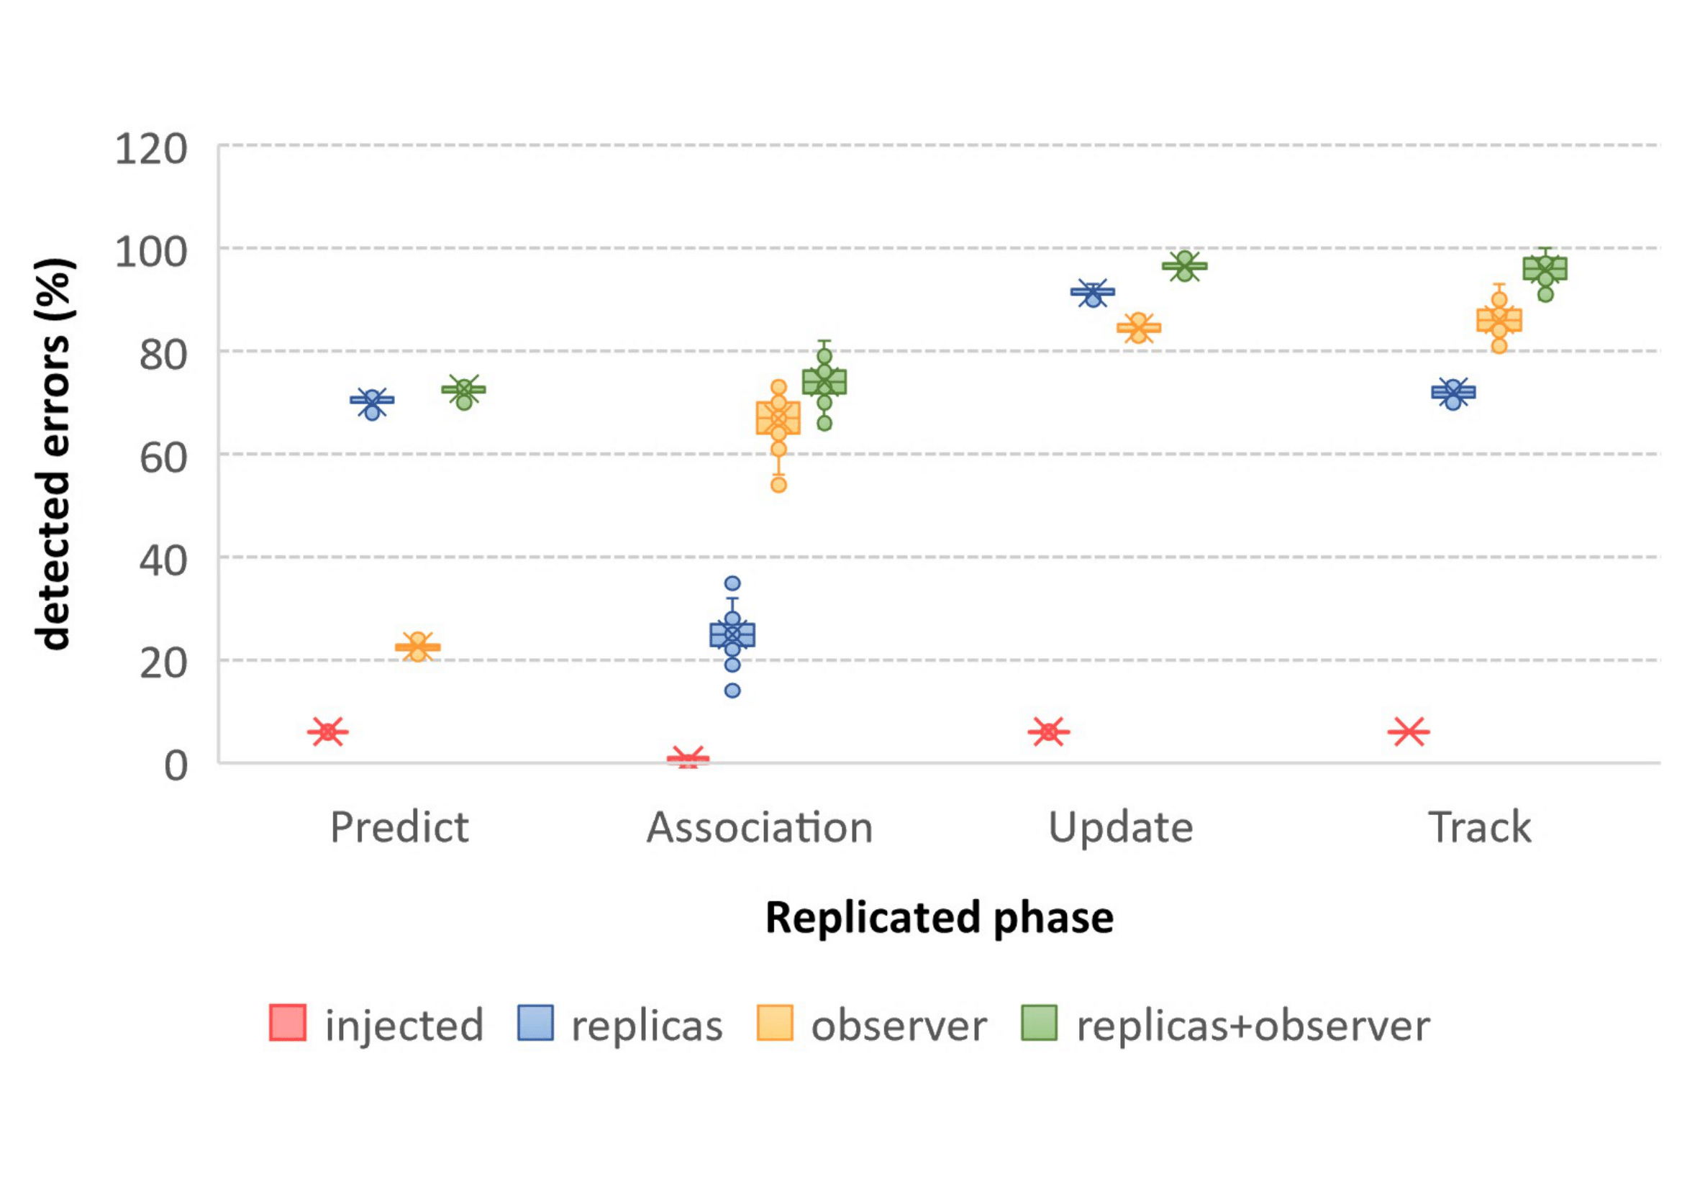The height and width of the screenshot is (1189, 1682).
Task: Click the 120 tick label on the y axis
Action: tap(151, 150)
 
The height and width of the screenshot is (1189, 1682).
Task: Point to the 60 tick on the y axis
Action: tap(163, 459)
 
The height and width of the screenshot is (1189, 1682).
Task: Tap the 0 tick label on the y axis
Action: tap(176, 766)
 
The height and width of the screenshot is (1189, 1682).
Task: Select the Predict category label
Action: tap(399, 828)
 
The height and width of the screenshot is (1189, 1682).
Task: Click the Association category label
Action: tap(760, 828)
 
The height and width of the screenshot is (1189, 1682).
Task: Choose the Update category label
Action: tap(1121, 828)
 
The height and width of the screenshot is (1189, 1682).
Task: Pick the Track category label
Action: tap(1480, 828)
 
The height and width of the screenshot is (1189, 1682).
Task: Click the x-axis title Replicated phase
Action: tap(939, 917)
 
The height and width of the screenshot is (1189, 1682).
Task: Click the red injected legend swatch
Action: tap(287, 1023)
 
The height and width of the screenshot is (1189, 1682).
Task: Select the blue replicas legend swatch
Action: tap(535, 1023)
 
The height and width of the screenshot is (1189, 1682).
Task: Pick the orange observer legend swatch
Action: tap(775, 1023)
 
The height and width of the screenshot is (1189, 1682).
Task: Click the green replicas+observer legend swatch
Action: tap(1040, 1023)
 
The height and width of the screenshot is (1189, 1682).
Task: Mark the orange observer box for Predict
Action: tap(417, 647)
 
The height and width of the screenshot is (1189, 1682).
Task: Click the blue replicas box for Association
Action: tap(732, 634)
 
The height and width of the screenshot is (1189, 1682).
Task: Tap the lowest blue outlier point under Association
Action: tap(732, 690)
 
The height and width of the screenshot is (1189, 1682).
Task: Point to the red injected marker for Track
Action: tap(1409, 731)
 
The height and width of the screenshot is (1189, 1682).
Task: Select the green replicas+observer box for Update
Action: tap(1185, 266)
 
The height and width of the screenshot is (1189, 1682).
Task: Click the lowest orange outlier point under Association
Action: tap(778, 484)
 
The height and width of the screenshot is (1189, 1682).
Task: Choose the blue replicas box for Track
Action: tap(1453, 393)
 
